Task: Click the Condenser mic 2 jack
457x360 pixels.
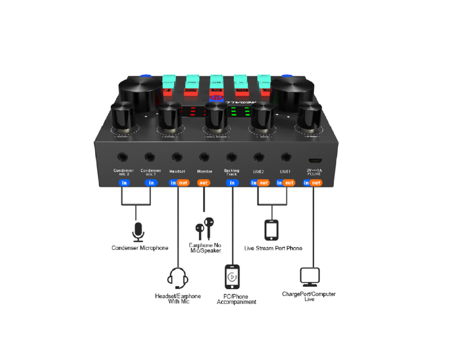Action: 124,157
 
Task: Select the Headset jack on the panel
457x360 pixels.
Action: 177,157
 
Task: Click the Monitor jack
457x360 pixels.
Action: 204,157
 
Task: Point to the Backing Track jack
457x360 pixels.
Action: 232,157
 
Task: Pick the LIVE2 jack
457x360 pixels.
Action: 259,157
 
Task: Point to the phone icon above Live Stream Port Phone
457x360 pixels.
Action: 272,230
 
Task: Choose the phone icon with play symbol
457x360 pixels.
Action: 232,277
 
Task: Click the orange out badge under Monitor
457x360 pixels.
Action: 204,183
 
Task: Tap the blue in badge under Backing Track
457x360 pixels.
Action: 232,183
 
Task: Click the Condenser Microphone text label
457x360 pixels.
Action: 140,248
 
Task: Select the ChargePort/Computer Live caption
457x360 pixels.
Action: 309,296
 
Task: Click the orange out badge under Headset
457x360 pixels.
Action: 183,183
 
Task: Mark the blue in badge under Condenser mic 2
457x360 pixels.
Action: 124,183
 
